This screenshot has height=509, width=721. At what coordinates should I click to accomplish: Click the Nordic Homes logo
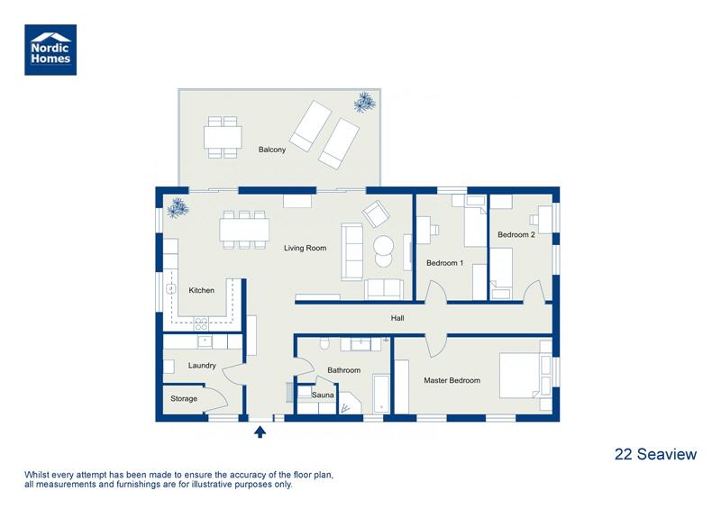pyautogui.click(x=50, y=49)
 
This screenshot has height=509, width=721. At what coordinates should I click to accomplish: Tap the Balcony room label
pyautogui.click(x=272, y=150)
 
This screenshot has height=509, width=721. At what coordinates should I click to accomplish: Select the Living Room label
pyautogui.click(x=305, y=248)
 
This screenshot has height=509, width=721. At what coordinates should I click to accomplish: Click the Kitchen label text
pyautogui.click(x=202, y=290)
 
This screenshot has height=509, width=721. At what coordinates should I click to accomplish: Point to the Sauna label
pyautogui.click(x=324, y=395)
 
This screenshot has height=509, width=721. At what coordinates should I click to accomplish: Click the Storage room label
pyautogui.click(x=184, y=398)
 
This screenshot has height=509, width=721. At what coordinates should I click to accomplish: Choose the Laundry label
pyautogui.click(x=202, y=366)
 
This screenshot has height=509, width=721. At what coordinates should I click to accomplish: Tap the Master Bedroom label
pyautogui.click(x=452, y=380)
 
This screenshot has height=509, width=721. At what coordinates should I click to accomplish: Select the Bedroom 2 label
pyautogui.click(x=516, y=234)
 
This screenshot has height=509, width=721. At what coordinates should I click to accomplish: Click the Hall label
pyautogui.click(x=397, y=318)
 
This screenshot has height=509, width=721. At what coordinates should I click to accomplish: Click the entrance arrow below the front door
pyautogui.click(x=260, y=432)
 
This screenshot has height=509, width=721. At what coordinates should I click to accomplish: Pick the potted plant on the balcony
pyautogui.click(x=364, y=102)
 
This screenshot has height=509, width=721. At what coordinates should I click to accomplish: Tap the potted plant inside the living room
pyautogui.click(x=178, y=207)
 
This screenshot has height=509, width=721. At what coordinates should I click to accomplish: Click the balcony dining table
pyautogui.click(x=223, y=137)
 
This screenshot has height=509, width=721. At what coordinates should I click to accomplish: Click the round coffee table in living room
pyautogui.click(x=384, y=250)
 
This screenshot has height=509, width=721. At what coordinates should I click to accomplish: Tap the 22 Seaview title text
pyautogui.click(x=655, y=454)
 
